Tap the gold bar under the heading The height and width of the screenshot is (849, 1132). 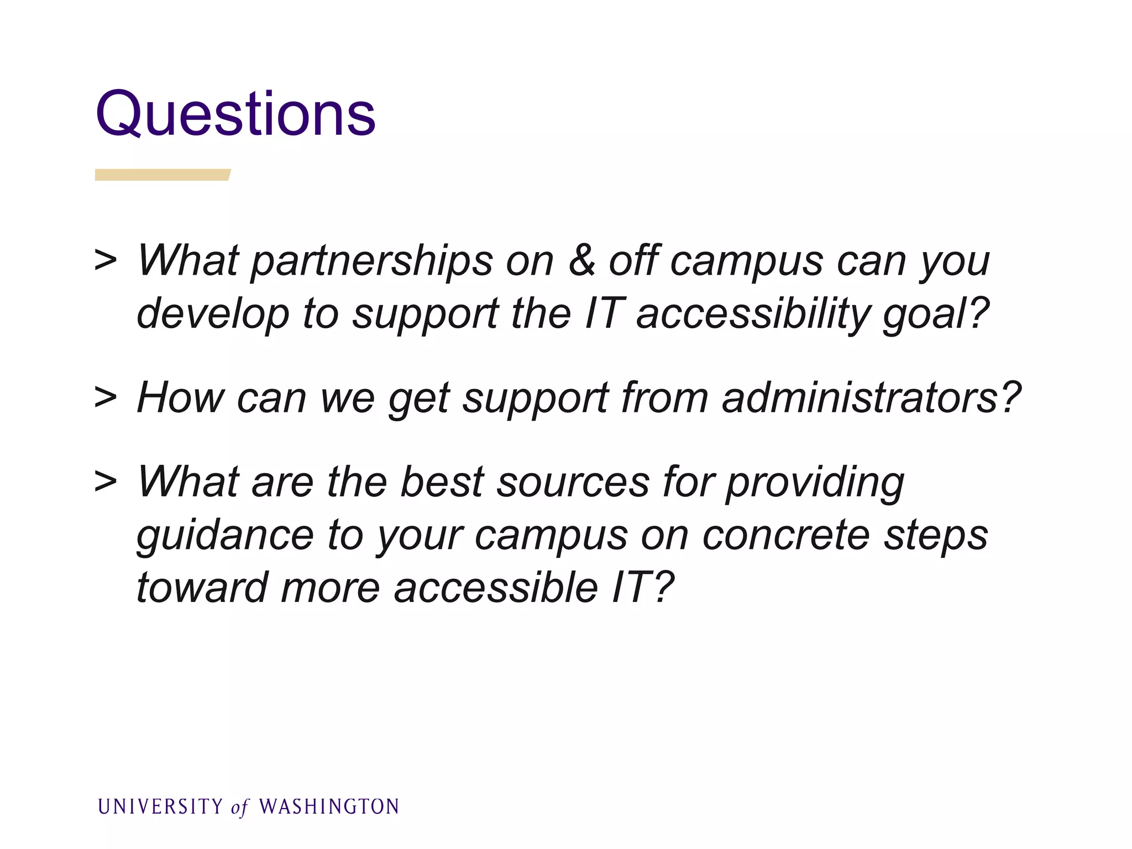click(x=162, y=175)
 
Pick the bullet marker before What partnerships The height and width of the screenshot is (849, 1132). click(x=106, y=260)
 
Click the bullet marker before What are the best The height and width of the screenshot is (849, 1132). click(x=106, y=481)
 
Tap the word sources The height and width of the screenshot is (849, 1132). click(x=572, y=482)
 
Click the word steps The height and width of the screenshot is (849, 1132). click(x=935, y=535)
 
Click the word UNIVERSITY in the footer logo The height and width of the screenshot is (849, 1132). click(x=160, y=807)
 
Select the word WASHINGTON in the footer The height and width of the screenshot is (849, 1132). click(x=329, y=807)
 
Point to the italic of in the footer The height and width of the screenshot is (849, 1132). click(x=239, y=808)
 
